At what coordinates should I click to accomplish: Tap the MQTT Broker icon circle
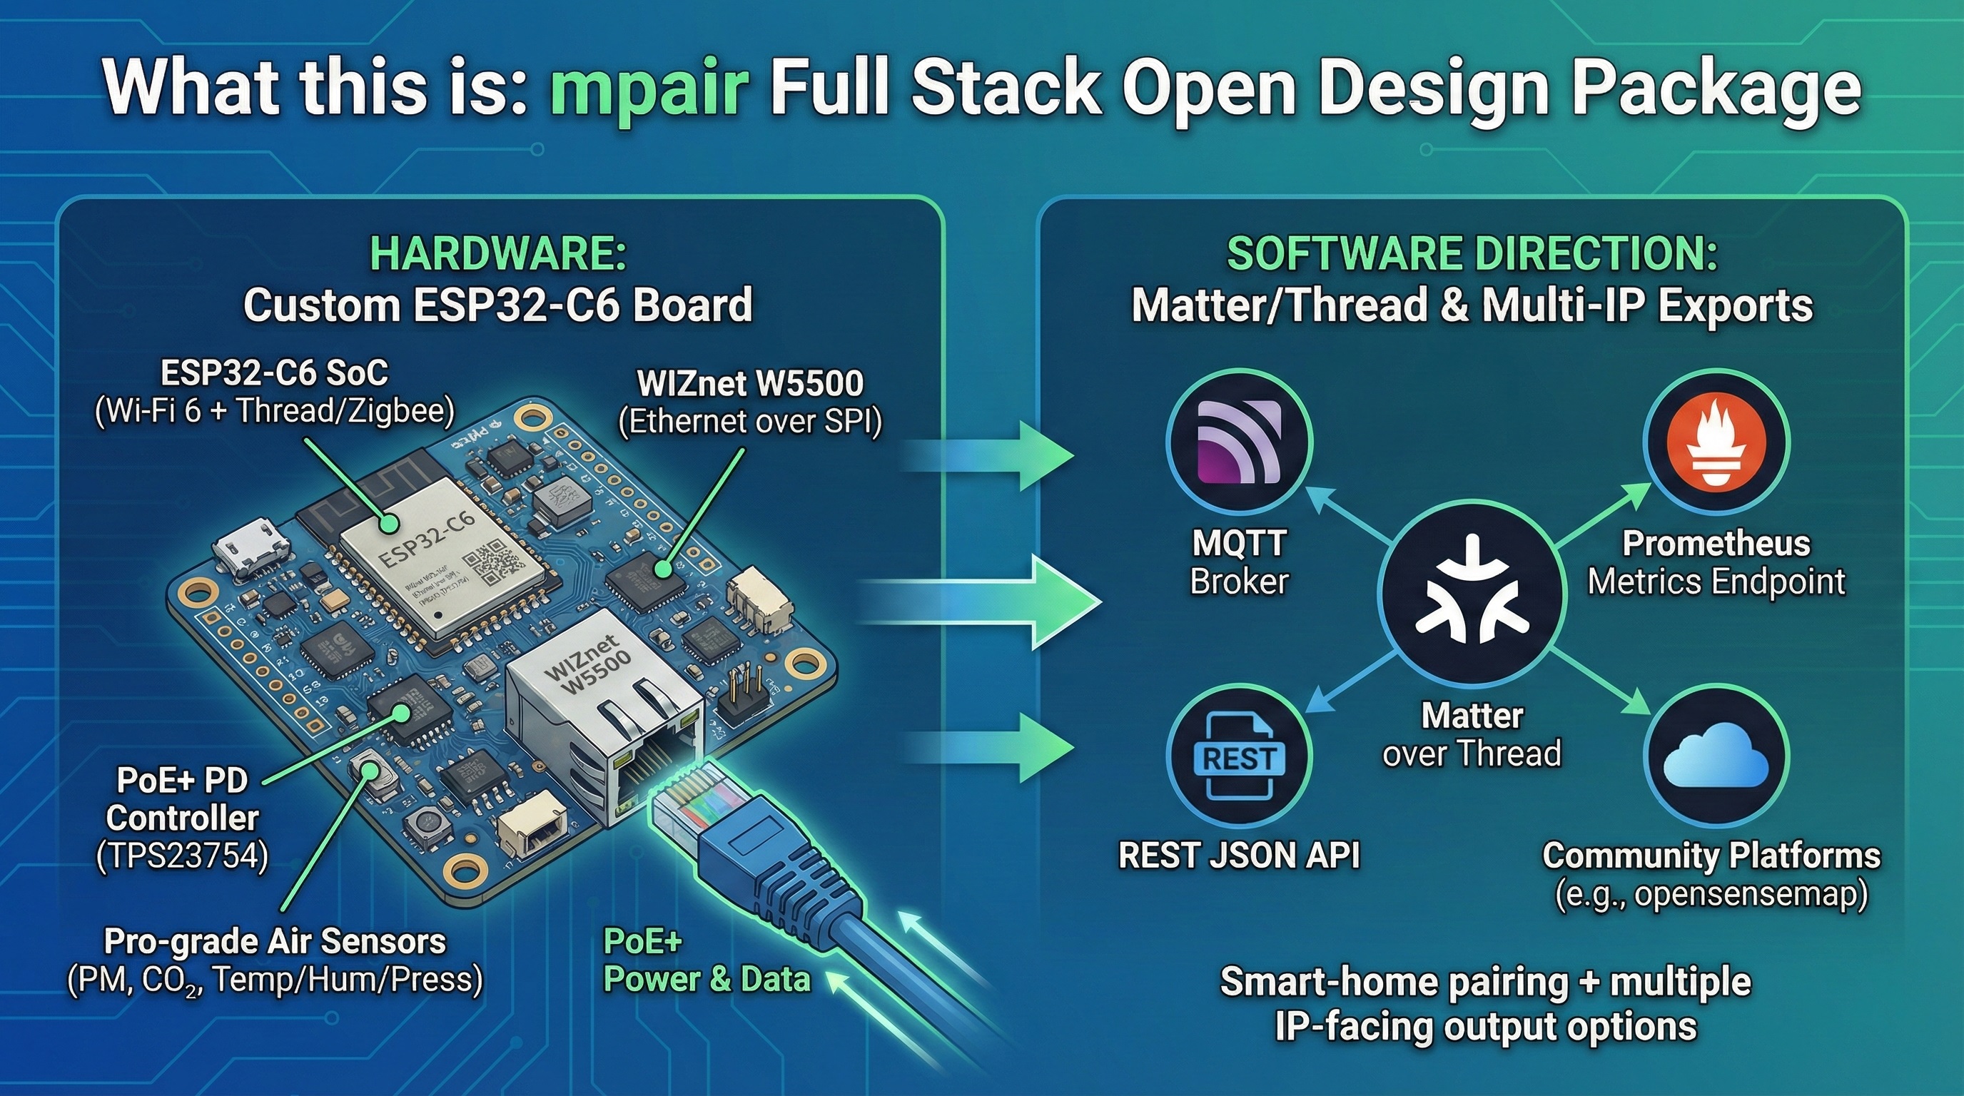(1239, 443)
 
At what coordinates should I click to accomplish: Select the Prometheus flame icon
(1716, 443)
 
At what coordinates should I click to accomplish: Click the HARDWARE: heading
(498, 253)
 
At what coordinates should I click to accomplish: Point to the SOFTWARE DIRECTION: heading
(1472, 253)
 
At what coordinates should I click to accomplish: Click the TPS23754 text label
(183, 857)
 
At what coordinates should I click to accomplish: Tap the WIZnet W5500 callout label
(750, 383)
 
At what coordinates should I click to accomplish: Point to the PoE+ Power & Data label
(706, 960)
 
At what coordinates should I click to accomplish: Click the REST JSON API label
(1239, 855)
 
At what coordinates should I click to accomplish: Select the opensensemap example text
(1711, 894)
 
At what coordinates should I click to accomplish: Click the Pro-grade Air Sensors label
(275, 942)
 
